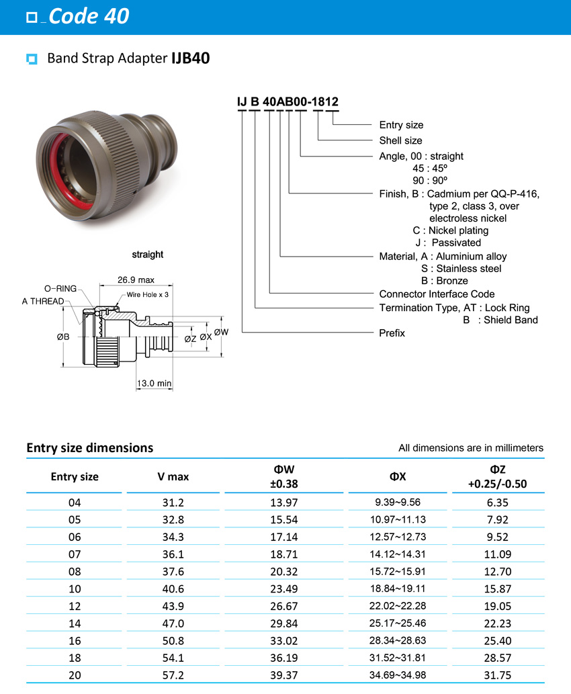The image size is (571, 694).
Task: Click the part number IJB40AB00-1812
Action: [x=287, y=101]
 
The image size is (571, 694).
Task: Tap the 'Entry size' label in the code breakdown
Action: [x=401, y=125]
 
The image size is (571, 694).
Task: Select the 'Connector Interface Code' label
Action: [x=437, y=294]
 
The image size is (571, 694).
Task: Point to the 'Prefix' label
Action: [x=392, y=333]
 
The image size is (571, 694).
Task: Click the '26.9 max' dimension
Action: [x=136, y=279]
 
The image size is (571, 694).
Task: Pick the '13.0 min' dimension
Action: [x=154, y=383]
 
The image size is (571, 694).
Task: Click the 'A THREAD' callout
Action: [x=43, y=301]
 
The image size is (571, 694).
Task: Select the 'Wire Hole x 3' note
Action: [x=147, y=295]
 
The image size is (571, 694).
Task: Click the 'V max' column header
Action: [x=173, y=476]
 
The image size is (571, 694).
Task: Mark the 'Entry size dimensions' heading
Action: [x=89, y=447]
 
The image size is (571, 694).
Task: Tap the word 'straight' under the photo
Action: [x=147, y=255]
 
